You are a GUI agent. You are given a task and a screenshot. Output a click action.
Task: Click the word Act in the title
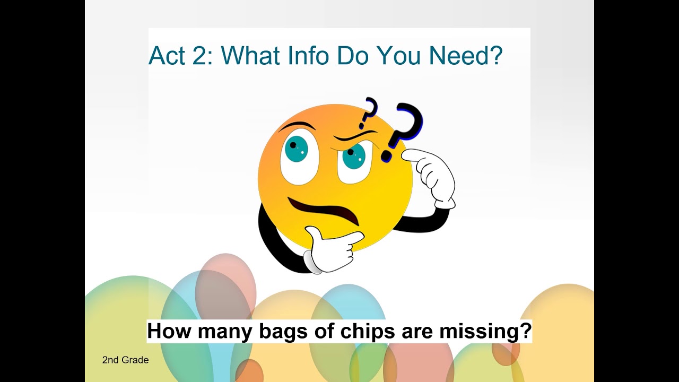point(167,56)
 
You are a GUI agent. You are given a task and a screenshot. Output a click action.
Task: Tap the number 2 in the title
point(200,56)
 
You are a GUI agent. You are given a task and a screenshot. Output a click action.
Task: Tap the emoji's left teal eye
point(296,149)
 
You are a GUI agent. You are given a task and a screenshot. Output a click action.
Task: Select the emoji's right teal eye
point(354,155)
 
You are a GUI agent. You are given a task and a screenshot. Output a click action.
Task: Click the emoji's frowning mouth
point(324,209)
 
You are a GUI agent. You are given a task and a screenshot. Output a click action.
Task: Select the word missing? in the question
point(485,331)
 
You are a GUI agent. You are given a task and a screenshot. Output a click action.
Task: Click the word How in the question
point(167,331)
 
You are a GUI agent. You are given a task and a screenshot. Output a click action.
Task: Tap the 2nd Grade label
point(125,360)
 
